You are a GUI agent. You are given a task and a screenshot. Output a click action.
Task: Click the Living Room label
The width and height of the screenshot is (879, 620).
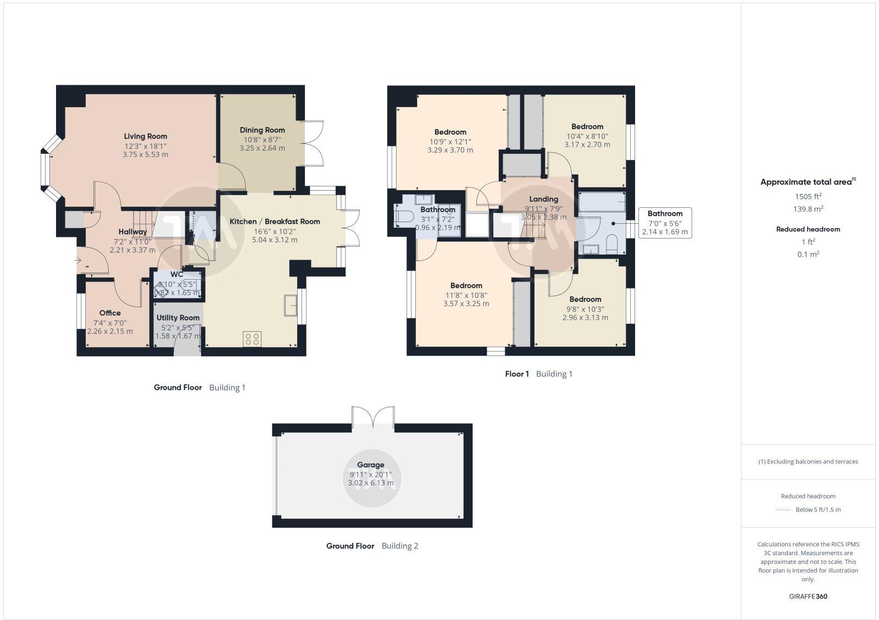145,136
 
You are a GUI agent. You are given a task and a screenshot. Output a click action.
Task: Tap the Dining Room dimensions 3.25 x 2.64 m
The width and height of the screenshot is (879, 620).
262,148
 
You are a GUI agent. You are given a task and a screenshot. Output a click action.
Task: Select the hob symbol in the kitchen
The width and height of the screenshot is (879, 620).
252,339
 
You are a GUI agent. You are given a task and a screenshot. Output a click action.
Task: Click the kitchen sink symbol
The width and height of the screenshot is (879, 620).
290,305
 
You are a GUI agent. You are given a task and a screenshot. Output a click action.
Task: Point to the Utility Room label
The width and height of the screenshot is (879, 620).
178,318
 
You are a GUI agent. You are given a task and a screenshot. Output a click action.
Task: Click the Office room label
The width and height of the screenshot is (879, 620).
110,313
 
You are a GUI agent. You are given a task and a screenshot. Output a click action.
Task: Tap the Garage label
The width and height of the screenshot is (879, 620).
371,464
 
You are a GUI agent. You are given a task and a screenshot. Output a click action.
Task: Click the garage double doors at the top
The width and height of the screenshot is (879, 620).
373,417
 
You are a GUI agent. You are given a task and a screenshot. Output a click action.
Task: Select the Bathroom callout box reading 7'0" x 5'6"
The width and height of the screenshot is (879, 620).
665,223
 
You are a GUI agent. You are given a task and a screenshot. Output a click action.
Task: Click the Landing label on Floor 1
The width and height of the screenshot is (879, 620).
543,199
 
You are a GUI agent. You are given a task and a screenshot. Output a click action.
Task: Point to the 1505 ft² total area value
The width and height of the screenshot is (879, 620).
808,196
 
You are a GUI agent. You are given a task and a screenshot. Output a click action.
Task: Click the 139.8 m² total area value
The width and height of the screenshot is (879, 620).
808,209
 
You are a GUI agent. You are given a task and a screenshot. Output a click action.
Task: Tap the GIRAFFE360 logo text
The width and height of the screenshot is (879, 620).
808,596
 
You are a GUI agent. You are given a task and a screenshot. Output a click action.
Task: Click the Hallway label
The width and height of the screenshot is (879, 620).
132,231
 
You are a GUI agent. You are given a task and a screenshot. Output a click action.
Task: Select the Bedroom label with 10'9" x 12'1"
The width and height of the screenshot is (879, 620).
450,132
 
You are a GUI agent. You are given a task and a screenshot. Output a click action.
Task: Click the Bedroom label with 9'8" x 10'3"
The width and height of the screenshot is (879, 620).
585,300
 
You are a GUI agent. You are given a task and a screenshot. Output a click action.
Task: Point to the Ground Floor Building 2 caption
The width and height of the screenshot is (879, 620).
372,546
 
